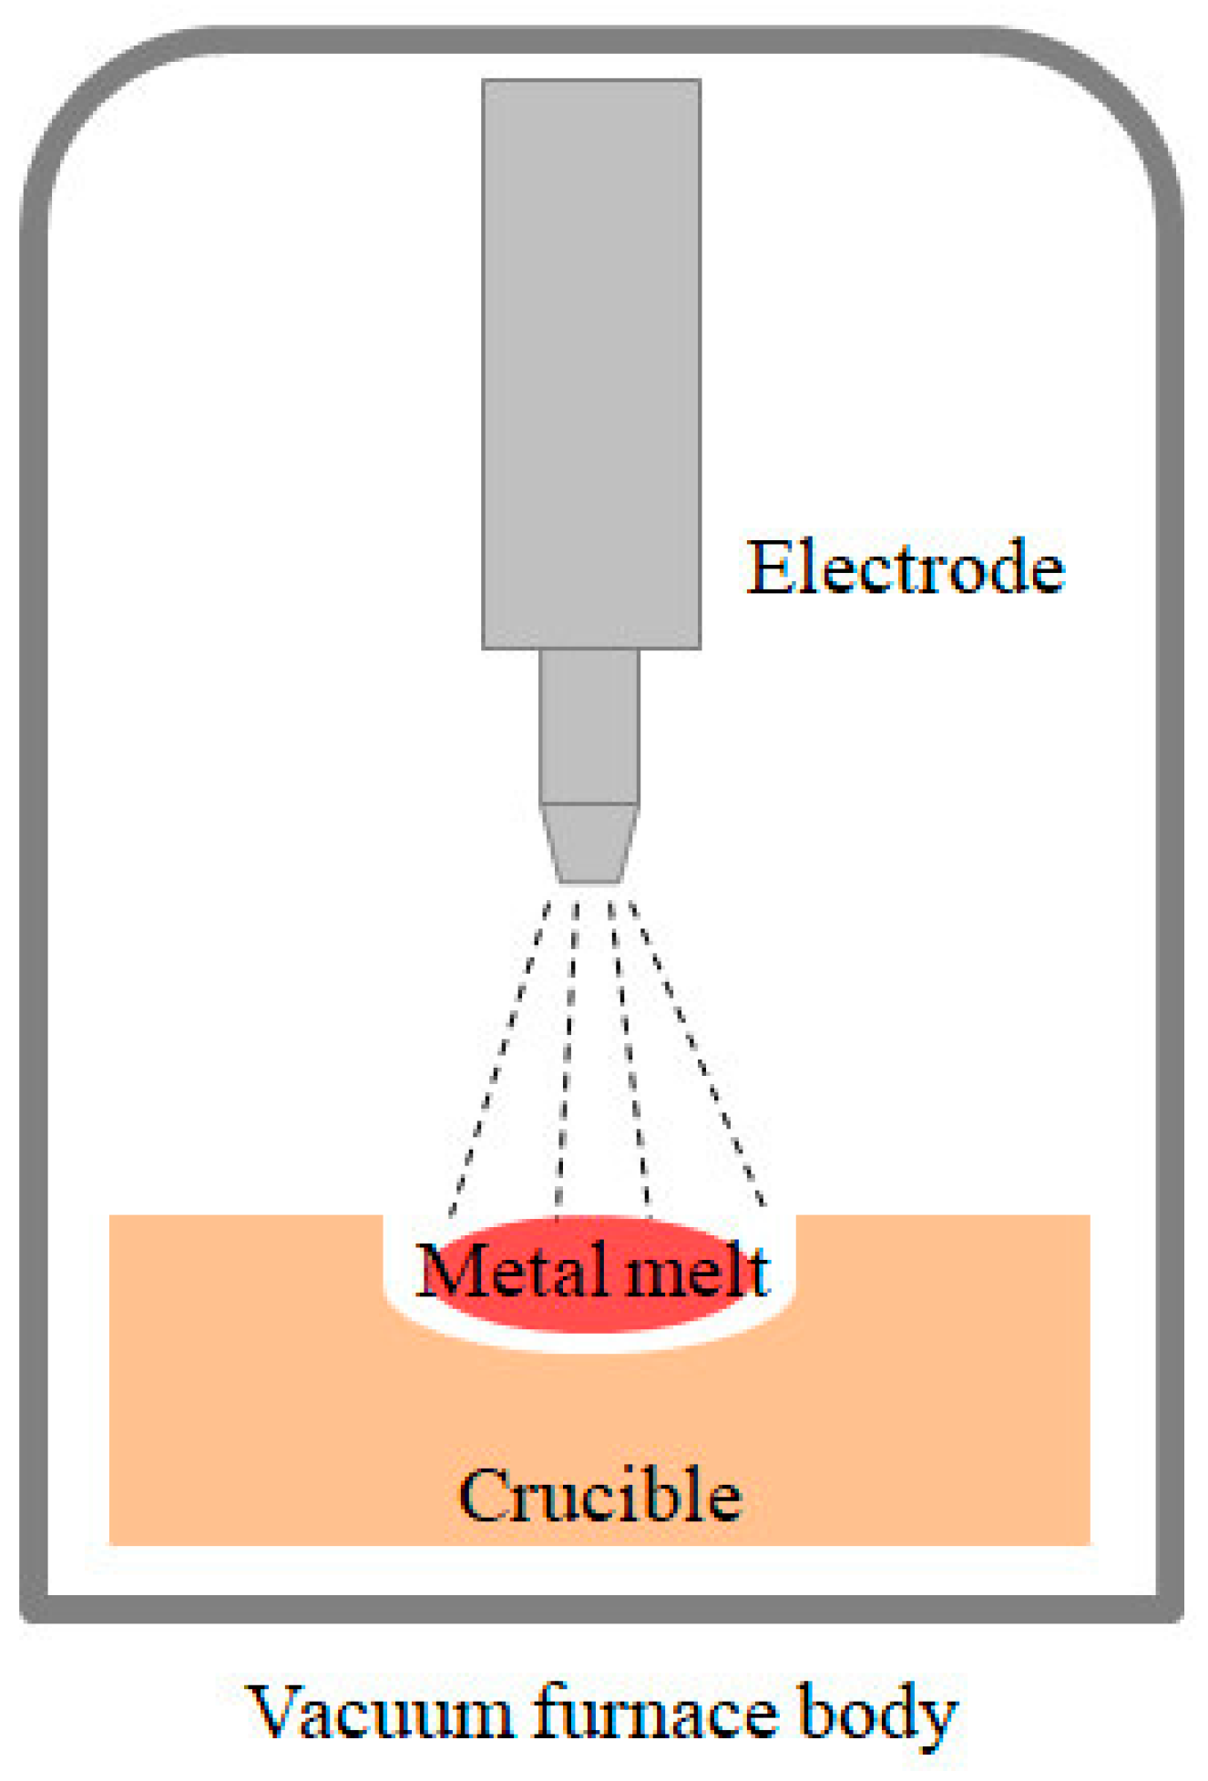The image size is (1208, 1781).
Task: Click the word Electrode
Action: tap(905, 568)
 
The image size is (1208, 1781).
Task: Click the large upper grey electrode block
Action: tap(591, 364)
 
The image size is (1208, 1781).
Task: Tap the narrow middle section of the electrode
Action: tap(589, 726)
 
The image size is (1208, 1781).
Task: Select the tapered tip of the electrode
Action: tap(589, 844)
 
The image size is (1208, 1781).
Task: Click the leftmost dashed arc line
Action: tap(500, 1057)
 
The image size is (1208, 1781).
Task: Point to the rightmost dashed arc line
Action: tap(698, 1057)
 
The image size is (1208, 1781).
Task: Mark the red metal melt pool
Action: tap(592, 1312)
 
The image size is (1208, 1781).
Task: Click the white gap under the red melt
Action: tap(592, 1343)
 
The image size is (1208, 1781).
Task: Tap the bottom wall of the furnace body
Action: tap(601, 1608)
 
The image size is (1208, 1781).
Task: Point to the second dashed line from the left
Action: tap(567, 1057)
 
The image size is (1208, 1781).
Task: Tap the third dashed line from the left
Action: tap(630, 1057)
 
